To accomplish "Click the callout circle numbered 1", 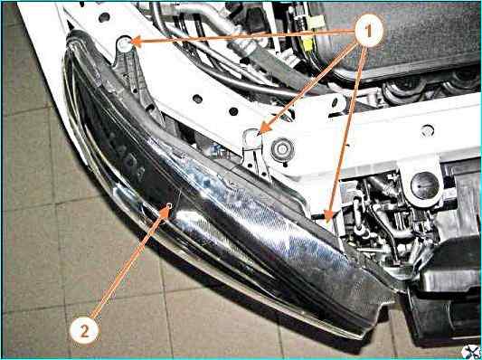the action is tap(369, 31).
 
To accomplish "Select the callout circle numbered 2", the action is tap(84, 330).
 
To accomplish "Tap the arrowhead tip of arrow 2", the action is tap(170, 206).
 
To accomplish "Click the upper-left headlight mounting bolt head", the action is tap(124, 44).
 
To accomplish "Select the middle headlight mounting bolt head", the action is tap(252, 138).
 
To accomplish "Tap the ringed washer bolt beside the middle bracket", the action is tap(282, 150).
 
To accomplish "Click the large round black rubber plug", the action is tap(424, 185).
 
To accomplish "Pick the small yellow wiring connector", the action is tap(307, 43).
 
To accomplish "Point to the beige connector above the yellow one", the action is tap(316, 22).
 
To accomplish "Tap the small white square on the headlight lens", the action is tap(169, 205).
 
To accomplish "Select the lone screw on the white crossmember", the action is tap(427, 130).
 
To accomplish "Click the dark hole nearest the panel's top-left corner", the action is tap(104, 17).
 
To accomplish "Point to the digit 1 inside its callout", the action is tap(369, 31).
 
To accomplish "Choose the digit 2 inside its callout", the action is tap(84, 331).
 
